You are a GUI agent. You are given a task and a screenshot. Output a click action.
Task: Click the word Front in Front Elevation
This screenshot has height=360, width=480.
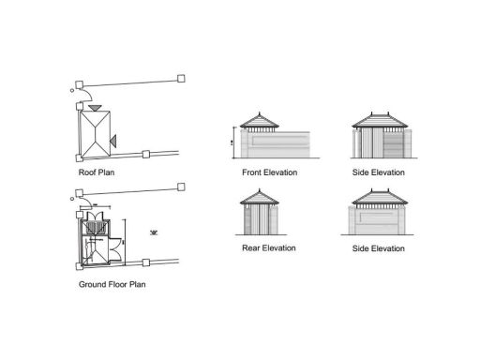252,173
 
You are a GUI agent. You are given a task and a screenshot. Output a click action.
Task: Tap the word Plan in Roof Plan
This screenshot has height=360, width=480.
106,173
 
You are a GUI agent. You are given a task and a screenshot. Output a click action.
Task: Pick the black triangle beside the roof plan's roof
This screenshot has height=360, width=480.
112,140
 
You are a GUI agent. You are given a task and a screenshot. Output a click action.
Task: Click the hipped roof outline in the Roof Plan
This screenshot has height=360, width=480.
94,134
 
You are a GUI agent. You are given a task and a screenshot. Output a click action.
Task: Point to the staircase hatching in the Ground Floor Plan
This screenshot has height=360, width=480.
95,227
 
